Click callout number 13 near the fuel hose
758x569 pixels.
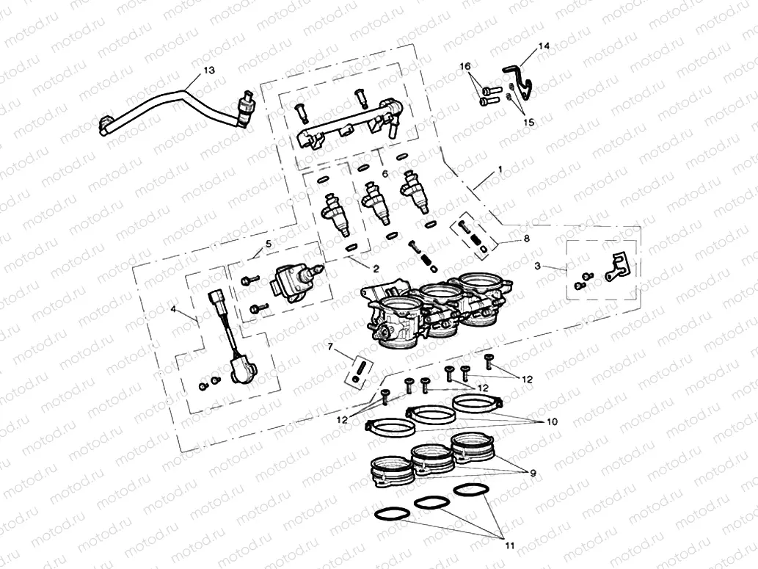pos(209,70)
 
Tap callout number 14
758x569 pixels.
pos(544,46)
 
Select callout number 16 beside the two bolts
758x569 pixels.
pos(464,66)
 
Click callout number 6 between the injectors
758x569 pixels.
pos(385,173)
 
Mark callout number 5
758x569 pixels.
pos(268,242)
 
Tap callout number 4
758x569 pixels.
pos(173,310)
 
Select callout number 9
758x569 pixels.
pos(532,473)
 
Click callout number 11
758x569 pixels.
pos(509,546)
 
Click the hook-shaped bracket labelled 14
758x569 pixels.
pos(520,77)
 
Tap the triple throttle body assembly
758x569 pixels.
pos(433,308)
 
